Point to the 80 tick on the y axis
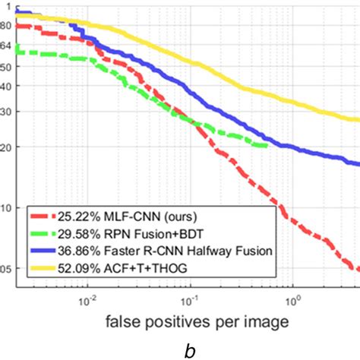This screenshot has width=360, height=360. point(5,25)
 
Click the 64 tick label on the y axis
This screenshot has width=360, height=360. point(5,46)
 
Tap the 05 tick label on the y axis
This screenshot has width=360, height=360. point(5,269)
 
